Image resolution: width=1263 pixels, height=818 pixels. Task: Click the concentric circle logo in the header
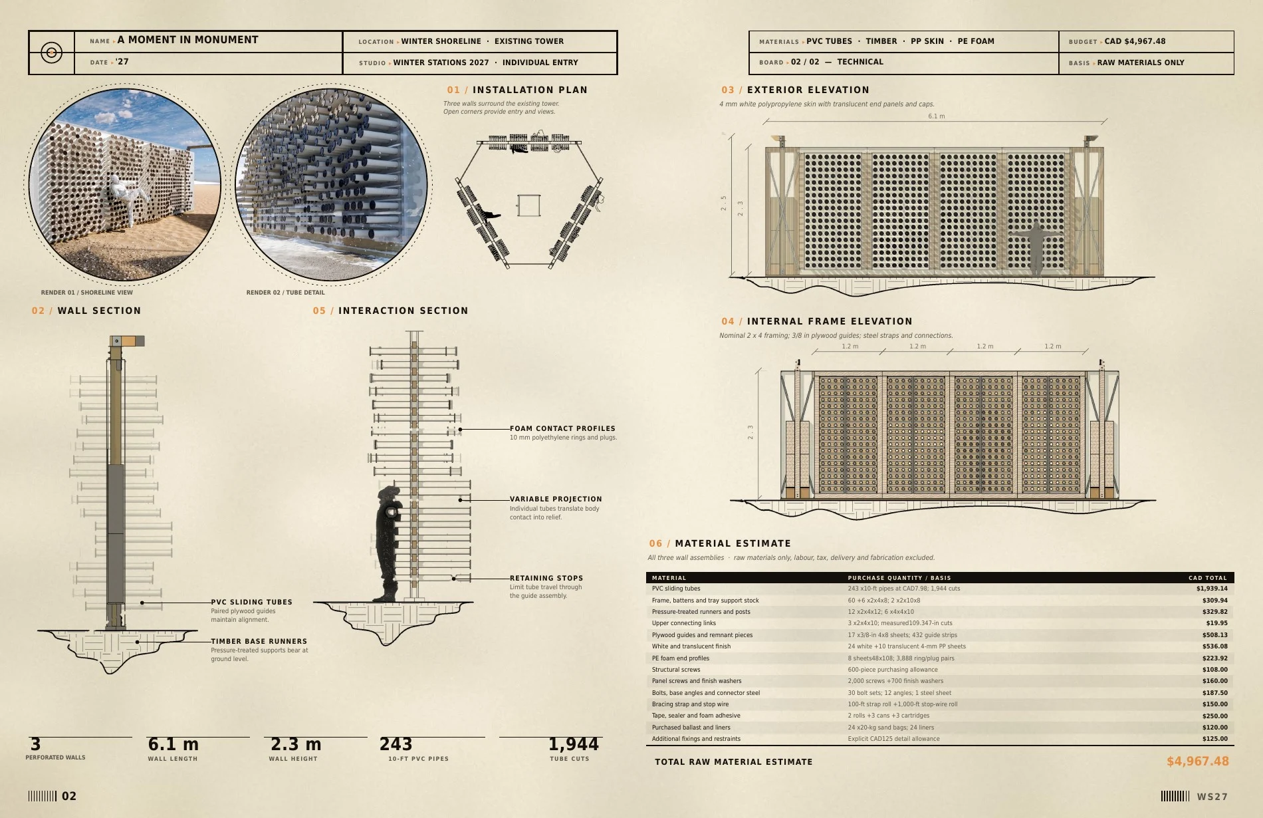[51, 52]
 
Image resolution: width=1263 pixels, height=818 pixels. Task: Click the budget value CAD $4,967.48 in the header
[1135, 41]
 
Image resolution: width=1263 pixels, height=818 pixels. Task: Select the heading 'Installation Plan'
[530, 90]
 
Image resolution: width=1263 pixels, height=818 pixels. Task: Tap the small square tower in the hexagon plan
[529, 205]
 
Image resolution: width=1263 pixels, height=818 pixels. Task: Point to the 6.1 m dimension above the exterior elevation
[936, 116]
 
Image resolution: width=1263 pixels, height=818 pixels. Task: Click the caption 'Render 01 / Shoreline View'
[87, 293]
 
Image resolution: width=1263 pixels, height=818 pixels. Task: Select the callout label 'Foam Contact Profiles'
[562, 429]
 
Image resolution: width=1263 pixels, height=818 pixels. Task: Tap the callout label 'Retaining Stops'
[546, 579]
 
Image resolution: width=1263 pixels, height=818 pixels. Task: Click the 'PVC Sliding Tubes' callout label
[252, 603]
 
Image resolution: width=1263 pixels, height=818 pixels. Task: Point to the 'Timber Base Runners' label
[259, 642]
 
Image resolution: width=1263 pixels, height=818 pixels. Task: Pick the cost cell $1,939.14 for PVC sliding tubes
[1212, 589]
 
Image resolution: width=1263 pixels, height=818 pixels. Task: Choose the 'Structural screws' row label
[676, 670]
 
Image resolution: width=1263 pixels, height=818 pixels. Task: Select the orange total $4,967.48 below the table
[1198, 761]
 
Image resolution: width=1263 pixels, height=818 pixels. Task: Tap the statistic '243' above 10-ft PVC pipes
[396, 744]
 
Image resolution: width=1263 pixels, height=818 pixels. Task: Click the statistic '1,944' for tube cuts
[574, 744]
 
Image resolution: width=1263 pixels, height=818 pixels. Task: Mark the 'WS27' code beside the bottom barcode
[1212, 797]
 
